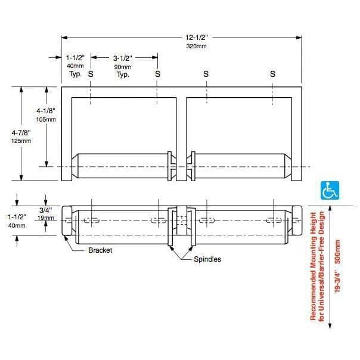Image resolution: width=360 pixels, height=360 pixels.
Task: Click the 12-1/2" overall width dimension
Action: tap(196, 38)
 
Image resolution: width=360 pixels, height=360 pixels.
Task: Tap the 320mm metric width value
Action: tap(196, 46)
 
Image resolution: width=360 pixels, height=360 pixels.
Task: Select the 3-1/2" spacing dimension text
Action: tap(123, 58)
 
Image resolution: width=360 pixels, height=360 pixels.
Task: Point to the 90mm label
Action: tap(123, 67)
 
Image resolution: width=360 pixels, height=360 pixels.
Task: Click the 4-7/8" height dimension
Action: tap(21, 133)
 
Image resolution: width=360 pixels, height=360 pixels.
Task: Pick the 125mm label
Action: tap(21, 141)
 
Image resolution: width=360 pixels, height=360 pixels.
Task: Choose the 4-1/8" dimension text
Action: tap(46, 111)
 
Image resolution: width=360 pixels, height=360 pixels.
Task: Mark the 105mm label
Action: tap(46, 119)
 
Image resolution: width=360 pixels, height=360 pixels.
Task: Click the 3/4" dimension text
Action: tap(46, 210)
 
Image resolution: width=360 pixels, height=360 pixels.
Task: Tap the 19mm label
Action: tap(46, 218)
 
